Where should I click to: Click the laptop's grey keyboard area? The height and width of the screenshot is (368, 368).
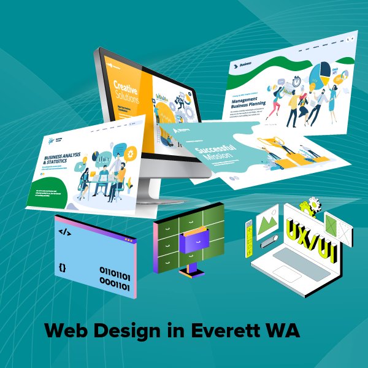pos(301,258)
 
